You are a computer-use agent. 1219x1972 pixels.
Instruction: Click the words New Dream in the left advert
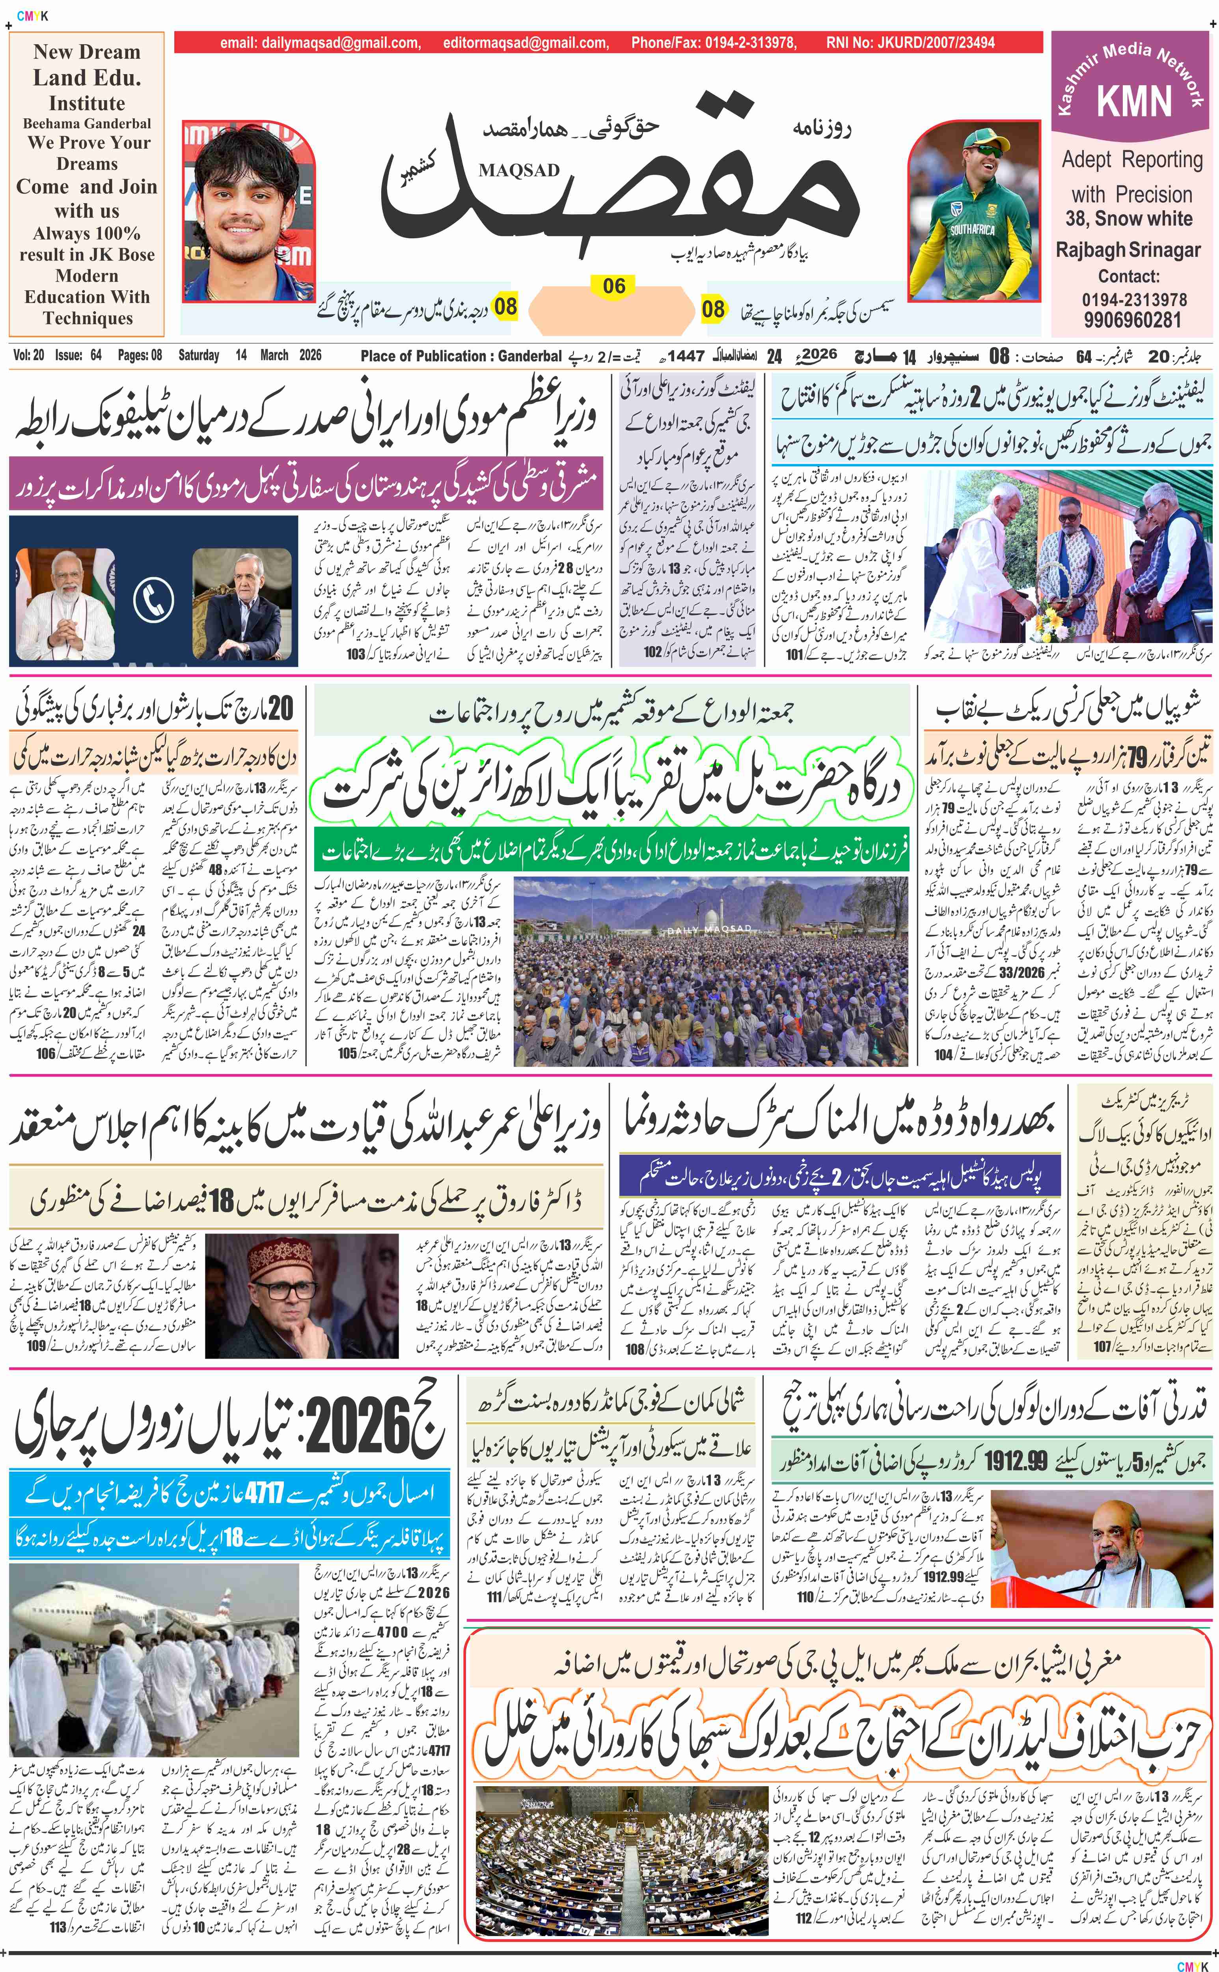pos(87,52)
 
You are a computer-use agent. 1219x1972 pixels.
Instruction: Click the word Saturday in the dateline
pos(198,355)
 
